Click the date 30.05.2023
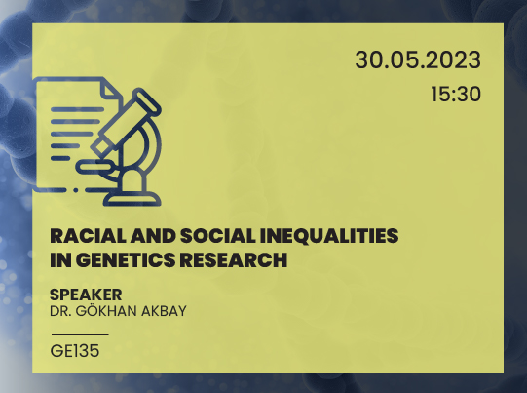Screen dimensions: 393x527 pyautogui.click(x=418, y=60)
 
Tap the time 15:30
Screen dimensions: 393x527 pyautogui.click(x=455, y=96)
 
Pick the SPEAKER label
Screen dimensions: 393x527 pyautogui.click(x=85, y=295)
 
